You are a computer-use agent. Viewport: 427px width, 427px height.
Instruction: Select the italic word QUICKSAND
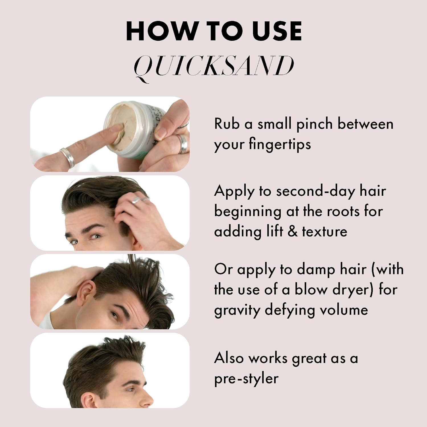pos(214,66)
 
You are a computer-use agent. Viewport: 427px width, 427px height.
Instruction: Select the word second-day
pos(316,191)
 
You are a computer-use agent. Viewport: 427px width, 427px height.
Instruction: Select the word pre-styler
pos(246,379)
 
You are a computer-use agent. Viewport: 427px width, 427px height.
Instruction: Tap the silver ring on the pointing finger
pos(68,157)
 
